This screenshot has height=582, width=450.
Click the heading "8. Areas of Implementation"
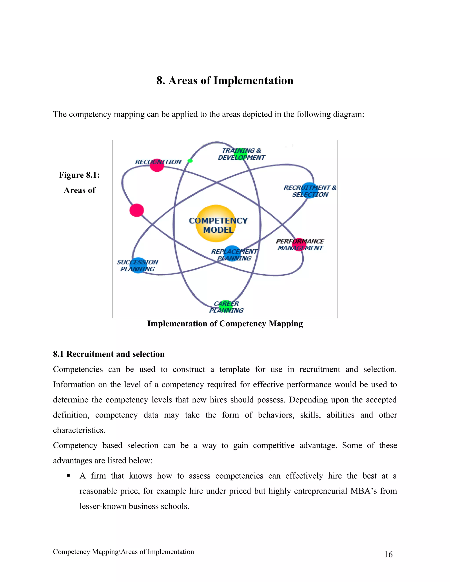tap(225, 80)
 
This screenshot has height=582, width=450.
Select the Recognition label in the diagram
tap(158, 162)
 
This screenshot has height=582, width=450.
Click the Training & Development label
tap(241, 154)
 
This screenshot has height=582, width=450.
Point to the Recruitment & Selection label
tap(310, 191)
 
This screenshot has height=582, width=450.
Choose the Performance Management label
tap(300, 245)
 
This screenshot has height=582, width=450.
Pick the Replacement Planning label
tap(234, 255)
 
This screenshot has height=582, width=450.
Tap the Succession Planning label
tap(138, 266)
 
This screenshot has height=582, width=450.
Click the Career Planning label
tap(226, 307)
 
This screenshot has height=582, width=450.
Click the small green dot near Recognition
tap(190, 161)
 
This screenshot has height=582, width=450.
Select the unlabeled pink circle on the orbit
tap(137, 210)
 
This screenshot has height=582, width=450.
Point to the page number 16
tap(388, 554)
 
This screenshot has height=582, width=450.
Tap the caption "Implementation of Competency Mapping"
tap(225, 324)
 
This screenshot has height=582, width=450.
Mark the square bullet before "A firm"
tap(68, 475)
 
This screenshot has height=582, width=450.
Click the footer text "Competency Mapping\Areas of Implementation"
tap(123, 552)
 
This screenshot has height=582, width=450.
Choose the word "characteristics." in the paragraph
tap(79, 430)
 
